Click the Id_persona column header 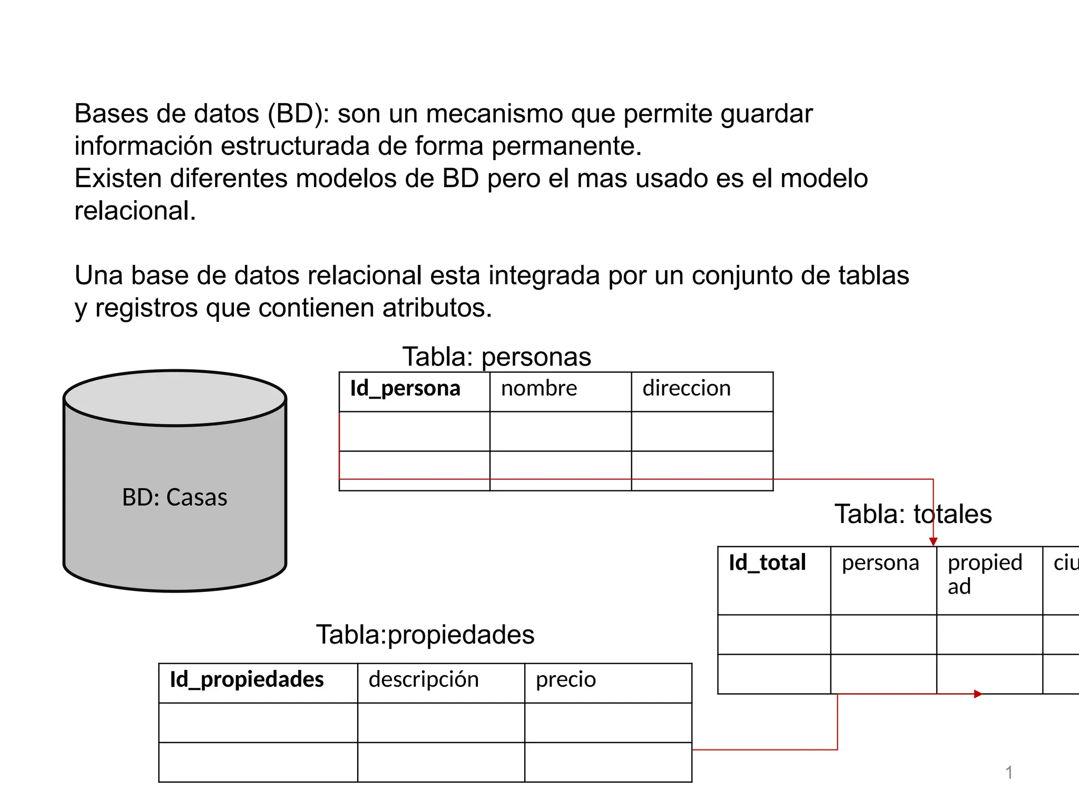coord(405,389)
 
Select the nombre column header coord(539,389)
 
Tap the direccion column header coord(686,389)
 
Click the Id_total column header coord(767,563)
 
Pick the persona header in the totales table coord(880,563)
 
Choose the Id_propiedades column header coord(247,680)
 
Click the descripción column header coord(424,680)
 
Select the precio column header coord(565,680)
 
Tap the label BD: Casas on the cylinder coord(174,498)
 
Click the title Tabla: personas coord(496,357)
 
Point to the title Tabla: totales coord(913,514)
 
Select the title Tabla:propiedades coord(425,635)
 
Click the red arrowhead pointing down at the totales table coord(933,541)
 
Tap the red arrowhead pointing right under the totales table coord(978,694)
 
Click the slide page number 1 coord(1008,773)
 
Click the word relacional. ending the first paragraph coord(135,211)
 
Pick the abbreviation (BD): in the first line coord(298,114)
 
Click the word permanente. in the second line coord(566,146)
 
